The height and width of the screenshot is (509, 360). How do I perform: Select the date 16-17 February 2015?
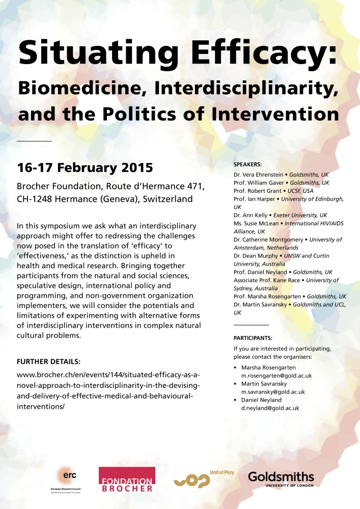85,167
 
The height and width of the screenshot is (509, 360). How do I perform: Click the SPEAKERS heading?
247,165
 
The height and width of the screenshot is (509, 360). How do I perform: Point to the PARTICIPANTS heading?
253,338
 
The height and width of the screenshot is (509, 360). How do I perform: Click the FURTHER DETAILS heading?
49,362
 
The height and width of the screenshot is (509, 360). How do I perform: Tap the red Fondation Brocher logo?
127,478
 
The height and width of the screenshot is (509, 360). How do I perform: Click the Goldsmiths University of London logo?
281,479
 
